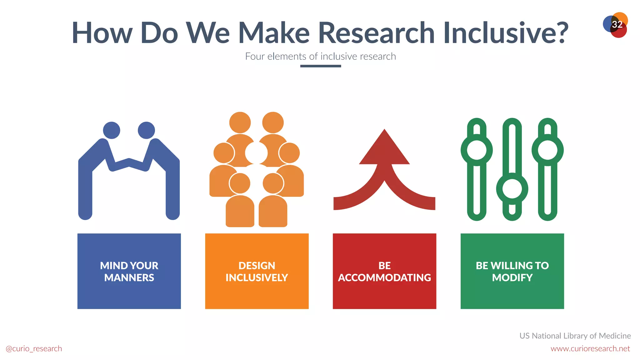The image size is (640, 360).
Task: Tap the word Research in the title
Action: coord(376,32)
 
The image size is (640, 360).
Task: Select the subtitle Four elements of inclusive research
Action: coord(320,56)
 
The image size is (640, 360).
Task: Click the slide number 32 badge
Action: coord(616,25)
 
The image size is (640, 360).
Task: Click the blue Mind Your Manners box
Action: coord(129,271)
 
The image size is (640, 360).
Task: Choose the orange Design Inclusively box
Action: coord(257,271)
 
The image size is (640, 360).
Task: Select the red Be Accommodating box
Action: coord(384,271)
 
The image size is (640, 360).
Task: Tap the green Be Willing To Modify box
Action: coord(512,271)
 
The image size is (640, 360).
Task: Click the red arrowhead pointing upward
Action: coord(384,148)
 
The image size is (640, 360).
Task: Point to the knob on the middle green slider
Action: coord(512,189)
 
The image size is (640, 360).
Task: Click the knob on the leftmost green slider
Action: coord(477,150)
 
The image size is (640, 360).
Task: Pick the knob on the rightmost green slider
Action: coord(547,150)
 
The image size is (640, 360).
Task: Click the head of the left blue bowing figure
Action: coord(112,130)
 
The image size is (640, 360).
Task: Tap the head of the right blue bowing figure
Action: coord(146,130)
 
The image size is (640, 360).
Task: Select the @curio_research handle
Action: coord(34,348)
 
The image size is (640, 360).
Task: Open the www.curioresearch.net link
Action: coord(590,348)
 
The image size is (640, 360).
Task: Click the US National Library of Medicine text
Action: coord(575,336)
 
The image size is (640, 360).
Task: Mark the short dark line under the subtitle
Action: coord(320,66)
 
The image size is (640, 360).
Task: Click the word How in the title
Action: coord(102,32)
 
